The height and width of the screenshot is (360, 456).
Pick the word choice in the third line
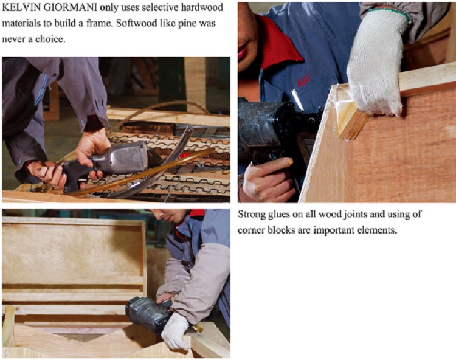(x=50, y=39)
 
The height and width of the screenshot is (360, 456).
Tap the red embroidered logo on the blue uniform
(x=303, y=80)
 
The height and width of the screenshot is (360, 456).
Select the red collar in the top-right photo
(x=275, y=41)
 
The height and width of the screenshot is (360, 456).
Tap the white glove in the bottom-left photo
(x=175, y=332)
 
